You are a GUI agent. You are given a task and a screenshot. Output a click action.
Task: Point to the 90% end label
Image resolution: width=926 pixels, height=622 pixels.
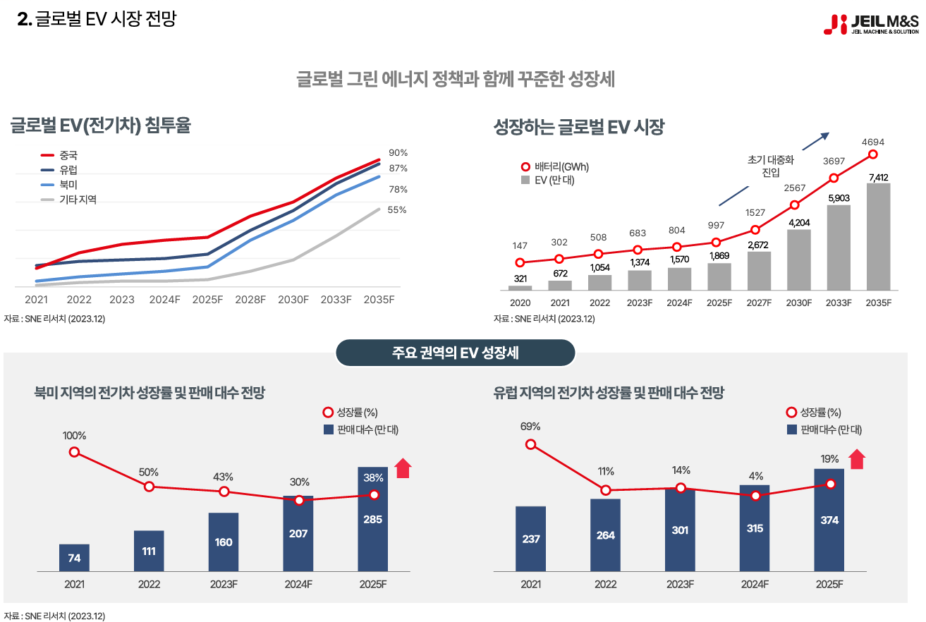[398, 152]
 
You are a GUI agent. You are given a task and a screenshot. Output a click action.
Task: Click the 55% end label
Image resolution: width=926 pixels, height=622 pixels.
[397, 209]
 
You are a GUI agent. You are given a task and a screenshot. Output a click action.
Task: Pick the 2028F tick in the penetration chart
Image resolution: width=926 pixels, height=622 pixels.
[250, 300]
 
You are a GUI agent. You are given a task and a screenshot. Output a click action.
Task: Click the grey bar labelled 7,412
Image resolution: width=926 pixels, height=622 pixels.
[878, 236]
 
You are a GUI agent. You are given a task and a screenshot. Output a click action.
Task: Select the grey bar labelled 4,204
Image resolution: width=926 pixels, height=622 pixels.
[799, 260]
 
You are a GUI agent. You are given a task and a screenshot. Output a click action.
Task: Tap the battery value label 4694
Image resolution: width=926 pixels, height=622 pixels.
[872, 142]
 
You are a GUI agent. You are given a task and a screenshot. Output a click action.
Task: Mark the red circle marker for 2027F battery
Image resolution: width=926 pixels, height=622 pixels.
[755, 229]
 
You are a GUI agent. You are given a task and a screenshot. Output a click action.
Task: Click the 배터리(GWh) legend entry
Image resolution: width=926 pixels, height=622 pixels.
[555, 167]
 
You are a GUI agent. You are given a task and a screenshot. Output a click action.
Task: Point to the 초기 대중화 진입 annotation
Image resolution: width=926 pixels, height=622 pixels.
[770, 166]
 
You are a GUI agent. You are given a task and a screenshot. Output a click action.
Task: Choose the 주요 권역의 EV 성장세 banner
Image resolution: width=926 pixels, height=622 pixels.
[455, 353]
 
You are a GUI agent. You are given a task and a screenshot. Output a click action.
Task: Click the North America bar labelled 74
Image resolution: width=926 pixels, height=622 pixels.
[74, 558]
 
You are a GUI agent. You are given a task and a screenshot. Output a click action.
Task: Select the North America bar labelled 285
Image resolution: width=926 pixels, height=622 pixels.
[372, 519]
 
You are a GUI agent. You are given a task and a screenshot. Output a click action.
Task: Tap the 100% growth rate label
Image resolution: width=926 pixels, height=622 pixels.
[74, 435]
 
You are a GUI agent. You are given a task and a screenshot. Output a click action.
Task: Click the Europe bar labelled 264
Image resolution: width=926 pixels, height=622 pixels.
[605, 535]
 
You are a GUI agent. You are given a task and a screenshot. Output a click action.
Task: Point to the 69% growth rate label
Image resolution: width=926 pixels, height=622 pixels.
[530, 426]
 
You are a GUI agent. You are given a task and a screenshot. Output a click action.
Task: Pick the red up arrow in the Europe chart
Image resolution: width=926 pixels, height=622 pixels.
[856, 459]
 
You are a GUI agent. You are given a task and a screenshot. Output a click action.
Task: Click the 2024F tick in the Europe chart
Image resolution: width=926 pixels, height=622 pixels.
[755, 584]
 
